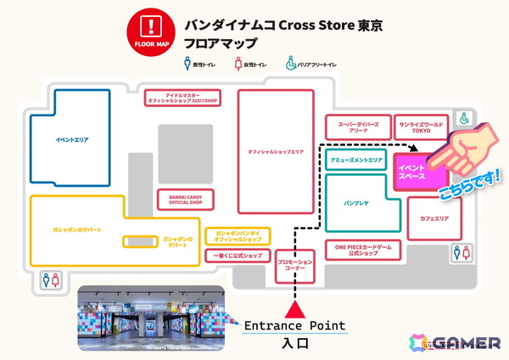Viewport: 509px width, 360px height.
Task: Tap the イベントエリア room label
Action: coord(72,139)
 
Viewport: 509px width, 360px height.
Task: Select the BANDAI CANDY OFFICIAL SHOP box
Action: coord(185,199)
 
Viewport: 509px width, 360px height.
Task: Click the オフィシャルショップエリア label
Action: coord(276,151)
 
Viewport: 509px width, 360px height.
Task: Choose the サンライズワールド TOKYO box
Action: coord(421,127)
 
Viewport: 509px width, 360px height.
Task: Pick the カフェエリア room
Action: coord(434,218)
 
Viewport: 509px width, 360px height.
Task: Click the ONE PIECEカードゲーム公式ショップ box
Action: coord(363,250)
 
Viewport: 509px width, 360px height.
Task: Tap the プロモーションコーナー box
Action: coord(295,265)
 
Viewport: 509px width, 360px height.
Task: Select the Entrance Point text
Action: coord(295,326)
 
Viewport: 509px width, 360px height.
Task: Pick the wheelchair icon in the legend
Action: coord(290,61)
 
